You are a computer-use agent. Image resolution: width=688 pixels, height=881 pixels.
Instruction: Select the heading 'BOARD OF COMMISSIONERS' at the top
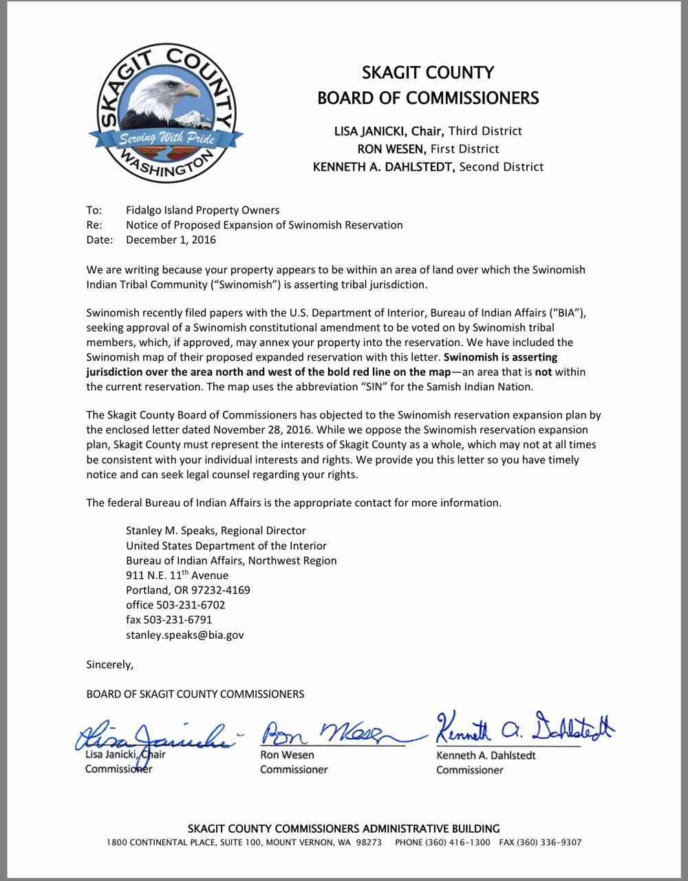tap(428, 98)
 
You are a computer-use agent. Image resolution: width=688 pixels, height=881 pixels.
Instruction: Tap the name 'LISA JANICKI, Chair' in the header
tap(389, 131)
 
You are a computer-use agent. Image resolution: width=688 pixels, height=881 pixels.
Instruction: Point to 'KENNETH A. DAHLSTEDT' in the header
tap(384, 167)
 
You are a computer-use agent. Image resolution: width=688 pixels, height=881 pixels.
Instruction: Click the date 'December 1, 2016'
tap(171, 240)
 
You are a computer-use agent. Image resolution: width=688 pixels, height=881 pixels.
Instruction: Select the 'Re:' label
tap(94, 225)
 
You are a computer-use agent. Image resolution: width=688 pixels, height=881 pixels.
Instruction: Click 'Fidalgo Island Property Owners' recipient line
tap(202, 210)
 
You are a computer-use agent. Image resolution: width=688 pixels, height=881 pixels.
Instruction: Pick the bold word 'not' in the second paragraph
tap(544, 372)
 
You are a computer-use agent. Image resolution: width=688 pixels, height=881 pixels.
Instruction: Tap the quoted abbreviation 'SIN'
tap(371, 387)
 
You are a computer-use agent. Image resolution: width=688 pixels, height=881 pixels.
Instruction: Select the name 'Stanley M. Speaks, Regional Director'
tap(215, 531)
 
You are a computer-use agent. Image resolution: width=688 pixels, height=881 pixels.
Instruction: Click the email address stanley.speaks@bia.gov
tap(184, 635)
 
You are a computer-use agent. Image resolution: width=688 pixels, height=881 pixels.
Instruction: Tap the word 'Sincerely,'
tap(109, 664)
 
